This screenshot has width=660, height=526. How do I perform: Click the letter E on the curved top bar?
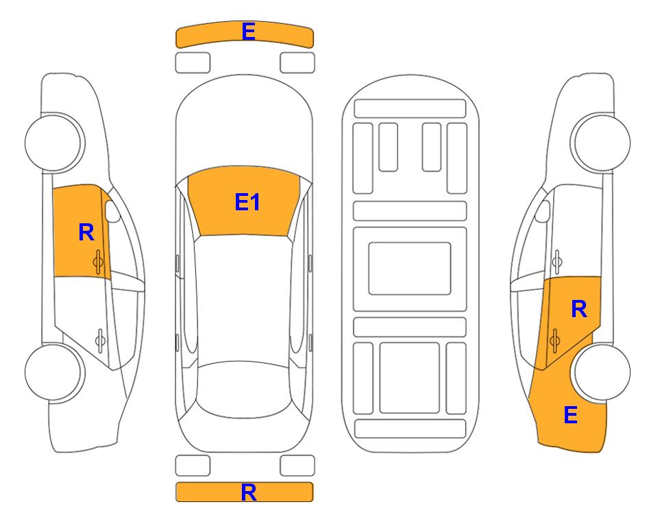(248, 32)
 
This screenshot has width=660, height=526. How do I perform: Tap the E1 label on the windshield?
(247, 202)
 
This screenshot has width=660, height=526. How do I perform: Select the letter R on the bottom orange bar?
(249, 492)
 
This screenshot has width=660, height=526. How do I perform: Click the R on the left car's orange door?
(86, 232)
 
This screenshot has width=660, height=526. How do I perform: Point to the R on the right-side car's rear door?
(578, 310)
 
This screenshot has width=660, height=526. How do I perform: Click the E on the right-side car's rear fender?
(570, 415)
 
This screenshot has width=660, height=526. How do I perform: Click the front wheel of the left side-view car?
(54, 142)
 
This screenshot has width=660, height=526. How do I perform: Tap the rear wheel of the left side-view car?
(54, 373)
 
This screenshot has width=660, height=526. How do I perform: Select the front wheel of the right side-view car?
(601, 142)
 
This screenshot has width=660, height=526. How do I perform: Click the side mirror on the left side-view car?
(112, 212)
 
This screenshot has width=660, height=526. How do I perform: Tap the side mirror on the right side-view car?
(543, 212)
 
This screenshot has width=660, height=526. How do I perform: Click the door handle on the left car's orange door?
(98, 262)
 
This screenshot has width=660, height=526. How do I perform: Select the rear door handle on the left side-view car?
(100, 340)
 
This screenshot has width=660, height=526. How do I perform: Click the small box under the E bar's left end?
(193, 63)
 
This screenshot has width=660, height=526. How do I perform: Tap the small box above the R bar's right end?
(297, 466)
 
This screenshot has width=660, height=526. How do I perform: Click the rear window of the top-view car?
(244, 389)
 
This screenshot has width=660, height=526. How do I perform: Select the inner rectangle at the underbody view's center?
(410, 268)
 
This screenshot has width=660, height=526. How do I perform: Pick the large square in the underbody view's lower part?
(410, 378)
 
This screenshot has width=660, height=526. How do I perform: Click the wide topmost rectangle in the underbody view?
(410, 109)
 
